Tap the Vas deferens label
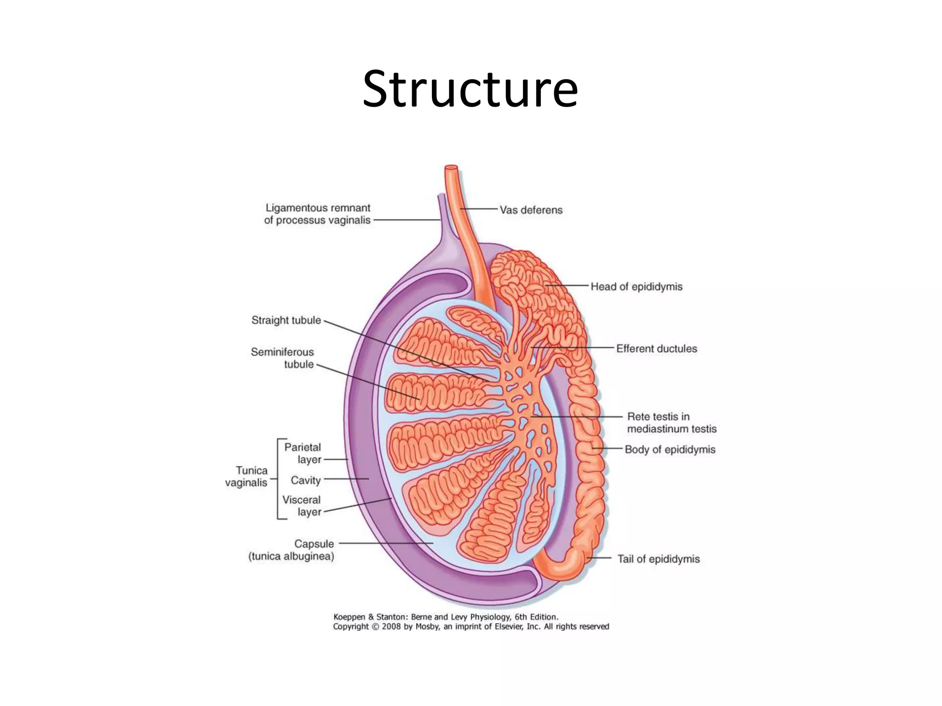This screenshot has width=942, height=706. [531, 210]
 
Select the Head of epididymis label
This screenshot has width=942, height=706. [636, 287]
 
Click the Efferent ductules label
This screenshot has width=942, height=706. [656, 349]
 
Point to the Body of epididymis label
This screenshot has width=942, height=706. [670, 450]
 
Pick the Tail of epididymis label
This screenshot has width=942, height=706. [658, 559]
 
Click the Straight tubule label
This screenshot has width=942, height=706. [286, 320]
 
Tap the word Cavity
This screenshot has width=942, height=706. [305, 480]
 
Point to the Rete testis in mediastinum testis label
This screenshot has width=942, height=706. [671, 423]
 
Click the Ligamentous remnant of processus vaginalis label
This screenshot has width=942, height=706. [317, 214]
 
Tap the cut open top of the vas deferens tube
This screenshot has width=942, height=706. [451, 168]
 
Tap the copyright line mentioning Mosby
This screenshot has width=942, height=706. [471, 626]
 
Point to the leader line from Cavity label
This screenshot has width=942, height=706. [346, 479]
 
